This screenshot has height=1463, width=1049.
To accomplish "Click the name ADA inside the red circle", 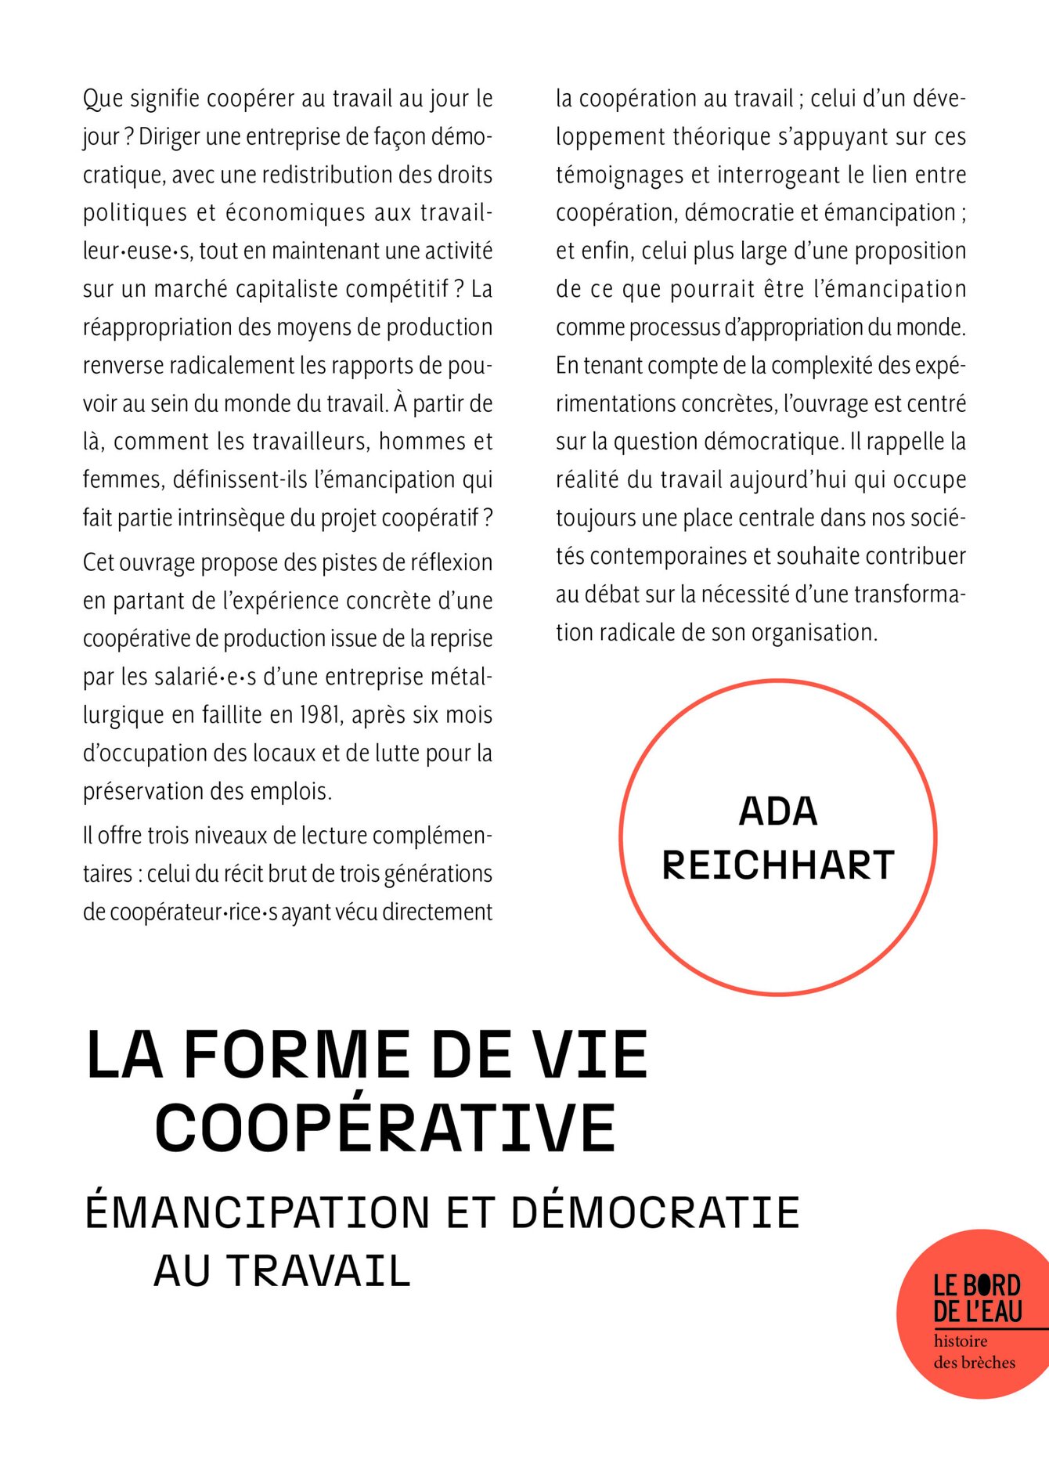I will coord(778,811).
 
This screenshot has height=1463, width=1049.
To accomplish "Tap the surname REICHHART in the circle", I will coord(778,865).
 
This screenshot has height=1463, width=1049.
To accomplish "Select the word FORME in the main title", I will coord(297,1055).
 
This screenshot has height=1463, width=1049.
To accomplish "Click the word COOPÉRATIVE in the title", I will coord(385,1127).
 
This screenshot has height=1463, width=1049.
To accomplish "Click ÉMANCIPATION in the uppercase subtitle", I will coord(258,1212).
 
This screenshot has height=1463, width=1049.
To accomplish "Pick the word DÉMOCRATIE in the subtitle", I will coord(655,1212).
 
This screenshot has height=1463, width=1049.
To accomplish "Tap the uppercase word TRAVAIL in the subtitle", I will coord(319,1270).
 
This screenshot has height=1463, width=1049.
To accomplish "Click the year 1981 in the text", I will coord(319,715).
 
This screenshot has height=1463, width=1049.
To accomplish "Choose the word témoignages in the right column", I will coord(620,175).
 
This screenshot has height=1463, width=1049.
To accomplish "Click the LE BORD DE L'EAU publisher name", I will coord(977,1299).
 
